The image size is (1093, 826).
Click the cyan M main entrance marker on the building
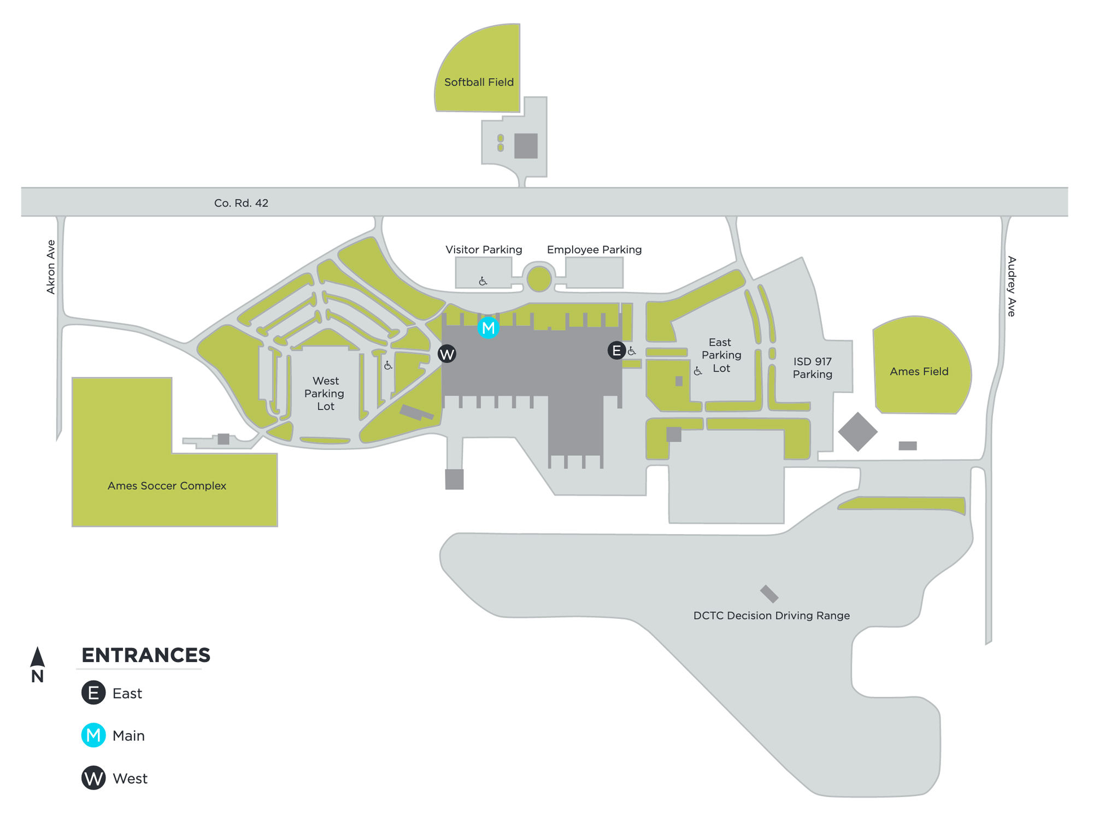[488, 327]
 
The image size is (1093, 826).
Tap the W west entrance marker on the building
[447, 354]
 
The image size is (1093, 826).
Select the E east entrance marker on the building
[616, 350]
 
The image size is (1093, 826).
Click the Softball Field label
[479, 82]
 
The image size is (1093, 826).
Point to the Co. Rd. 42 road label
[241, 203]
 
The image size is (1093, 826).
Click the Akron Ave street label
[51, 267]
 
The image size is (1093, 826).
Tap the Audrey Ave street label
[1012, 286]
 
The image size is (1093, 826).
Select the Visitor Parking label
[484, 249]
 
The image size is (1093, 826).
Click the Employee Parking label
[594, 249]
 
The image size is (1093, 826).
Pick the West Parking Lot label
[325, 393]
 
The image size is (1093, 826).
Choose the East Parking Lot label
[721, 355]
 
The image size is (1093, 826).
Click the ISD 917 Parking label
[812, 367]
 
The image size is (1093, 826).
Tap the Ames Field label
[919, 371]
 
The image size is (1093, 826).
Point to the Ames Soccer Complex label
[167, 485]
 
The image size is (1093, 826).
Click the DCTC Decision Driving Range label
[771, 615]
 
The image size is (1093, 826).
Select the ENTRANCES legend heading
[146, 655]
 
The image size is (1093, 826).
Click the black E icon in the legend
[93, 693]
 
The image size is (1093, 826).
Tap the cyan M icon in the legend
[93, 735]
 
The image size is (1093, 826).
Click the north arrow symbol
[37, 658]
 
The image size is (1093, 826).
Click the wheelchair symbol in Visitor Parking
[483, 281]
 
